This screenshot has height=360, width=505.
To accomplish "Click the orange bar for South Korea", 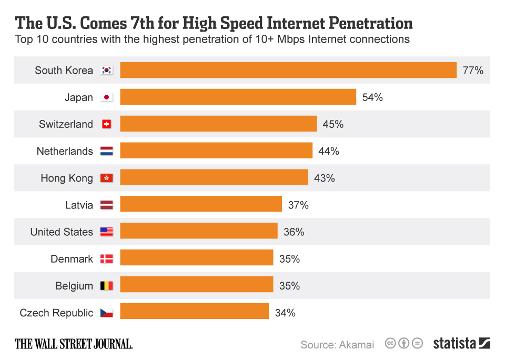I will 288,70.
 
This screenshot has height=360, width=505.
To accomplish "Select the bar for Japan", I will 238,97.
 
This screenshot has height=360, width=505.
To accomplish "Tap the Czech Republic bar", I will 194,313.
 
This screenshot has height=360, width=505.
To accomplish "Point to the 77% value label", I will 473,71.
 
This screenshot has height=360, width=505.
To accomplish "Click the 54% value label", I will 372,97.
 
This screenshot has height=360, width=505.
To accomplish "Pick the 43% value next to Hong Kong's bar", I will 324,178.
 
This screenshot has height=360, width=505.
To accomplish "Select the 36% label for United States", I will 294,232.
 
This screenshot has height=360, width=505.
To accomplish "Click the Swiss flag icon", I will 107,124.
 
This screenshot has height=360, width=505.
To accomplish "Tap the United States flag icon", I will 107,232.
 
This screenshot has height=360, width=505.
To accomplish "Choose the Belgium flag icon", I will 107,286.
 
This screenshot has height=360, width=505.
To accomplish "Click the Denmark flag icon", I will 107,259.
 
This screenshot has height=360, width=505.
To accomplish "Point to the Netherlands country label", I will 65,152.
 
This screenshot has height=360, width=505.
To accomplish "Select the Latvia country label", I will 79,205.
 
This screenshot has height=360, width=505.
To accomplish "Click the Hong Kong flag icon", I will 107,178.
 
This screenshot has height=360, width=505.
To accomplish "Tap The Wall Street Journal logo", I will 74,344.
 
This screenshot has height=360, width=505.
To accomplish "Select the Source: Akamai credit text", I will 337,345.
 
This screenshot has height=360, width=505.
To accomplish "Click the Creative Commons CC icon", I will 390,344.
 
